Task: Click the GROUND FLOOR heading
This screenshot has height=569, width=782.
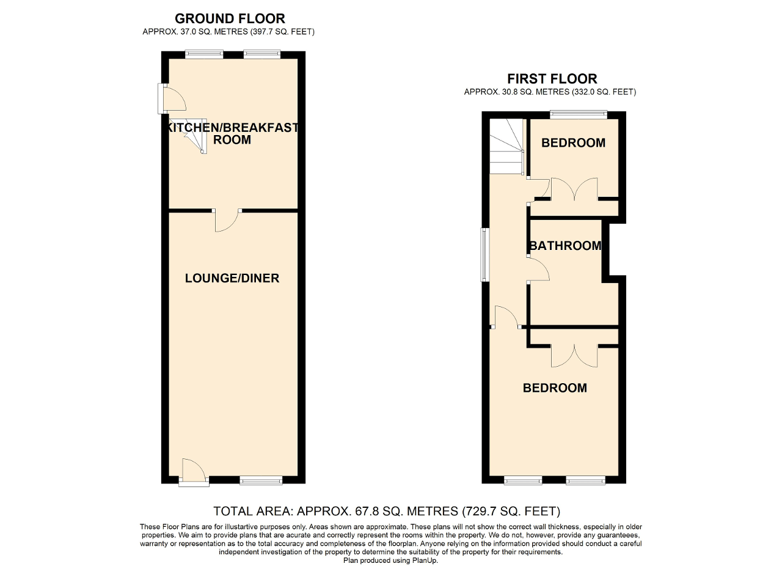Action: tap(230, 19)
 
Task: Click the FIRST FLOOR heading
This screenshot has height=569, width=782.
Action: tap(552, 79)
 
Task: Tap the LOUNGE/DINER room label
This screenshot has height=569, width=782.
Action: tap(232, 279)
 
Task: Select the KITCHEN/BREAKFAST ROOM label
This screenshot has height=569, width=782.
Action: tap(232, 134)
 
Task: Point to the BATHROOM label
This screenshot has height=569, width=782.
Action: tap(565, 246)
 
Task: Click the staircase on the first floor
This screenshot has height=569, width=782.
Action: tap(506, 147)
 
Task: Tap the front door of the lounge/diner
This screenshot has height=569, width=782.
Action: tap(194, 473)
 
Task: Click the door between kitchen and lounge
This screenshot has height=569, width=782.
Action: tap(227, 221)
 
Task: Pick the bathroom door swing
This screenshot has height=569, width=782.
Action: tap(538, 269)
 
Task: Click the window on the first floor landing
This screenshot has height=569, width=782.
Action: tap(485, 255)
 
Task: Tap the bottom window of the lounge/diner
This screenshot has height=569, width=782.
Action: tap(261, 481)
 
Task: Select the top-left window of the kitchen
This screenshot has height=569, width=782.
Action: tap(204, 54)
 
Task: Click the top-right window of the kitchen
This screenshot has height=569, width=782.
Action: tap(262, 54)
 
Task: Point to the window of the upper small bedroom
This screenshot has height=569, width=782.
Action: tap(578, 113)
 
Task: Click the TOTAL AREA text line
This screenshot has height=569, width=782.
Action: tap(386, 511)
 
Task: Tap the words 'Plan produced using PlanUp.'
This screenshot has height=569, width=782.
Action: tap(390, 560)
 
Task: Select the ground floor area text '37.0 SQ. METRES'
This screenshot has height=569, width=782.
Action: tap(207, 31)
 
